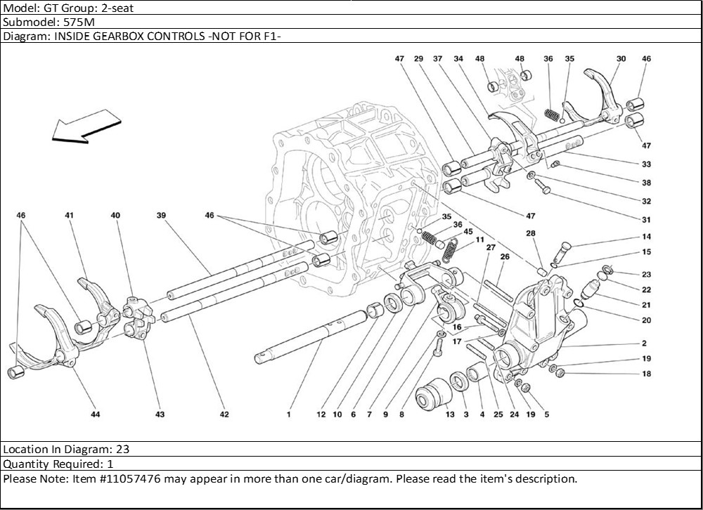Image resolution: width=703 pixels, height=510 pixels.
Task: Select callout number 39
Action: point(160,216)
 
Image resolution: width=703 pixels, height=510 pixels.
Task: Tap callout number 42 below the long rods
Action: point(224,414)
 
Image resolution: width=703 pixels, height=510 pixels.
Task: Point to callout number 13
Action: point(450,414)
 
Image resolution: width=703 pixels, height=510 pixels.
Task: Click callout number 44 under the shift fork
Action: point(95,414)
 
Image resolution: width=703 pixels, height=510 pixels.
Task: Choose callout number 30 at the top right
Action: point(621,59)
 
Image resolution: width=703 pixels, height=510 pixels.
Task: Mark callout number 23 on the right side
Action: point(646,275)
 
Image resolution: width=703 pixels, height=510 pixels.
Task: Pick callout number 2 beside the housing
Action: point(643,344)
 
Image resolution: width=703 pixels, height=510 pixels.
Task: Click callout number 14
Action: point(646,237)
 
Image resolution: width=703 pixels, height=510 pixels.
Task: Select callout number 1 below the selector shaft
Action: point(288,414)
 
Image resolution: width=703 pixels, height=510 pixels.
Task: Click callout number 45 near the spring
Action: point(467,231)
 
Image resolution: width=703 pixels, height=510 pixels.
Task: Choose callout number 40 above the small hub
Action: point(115,216)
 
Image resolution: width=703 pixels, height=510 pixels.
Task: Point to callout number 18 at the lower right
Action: point(646,374)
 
